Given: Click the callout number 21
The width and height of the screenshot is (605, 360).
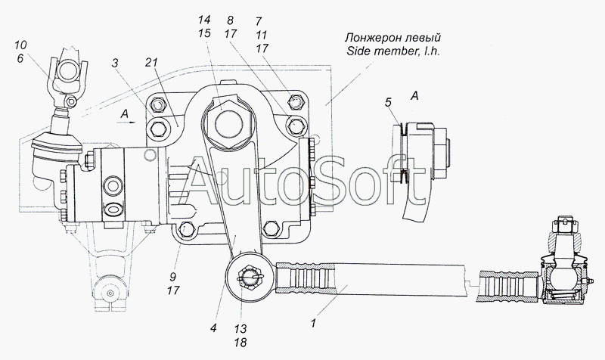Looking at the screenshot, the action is (152, 63).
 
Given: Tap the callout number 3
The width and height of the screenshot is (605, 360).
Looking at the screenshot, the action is (115, 64).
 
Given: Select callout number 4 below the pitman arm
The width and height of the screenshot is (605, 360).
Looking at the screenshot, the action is (213, 328).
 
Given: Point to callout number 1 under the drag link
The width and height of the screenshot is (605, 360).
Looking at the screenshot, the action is (313, 324).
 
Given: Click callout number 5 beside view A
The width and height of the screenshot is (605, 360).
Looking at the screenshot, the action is (388, 102).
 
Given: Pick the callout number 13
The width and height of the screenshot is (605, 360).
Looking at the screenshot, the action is (240, 329).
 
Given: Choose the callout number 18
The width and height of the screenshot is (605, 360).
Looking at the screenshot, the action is (240, 343).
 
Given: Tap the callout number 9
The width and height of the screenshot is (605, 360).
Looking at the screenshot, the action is (172, 277).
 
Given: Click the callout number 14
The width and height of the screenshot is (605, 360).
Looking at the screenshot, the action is (205, 20).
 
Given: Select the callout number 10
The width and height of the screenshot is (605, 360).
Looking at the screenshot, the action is (20, 45).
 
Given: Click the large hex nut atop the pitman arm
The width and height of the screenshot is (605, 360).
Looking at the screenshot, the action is (229, 124).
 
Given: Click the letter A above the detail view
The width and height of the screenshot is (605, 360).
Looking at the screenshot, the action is (414, 95).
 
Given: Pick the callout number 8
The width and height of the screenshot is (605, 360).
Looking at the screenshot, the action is (230, 20).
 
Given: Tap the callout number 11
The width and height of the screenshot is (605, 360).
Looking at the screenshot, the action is (261, 35).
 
